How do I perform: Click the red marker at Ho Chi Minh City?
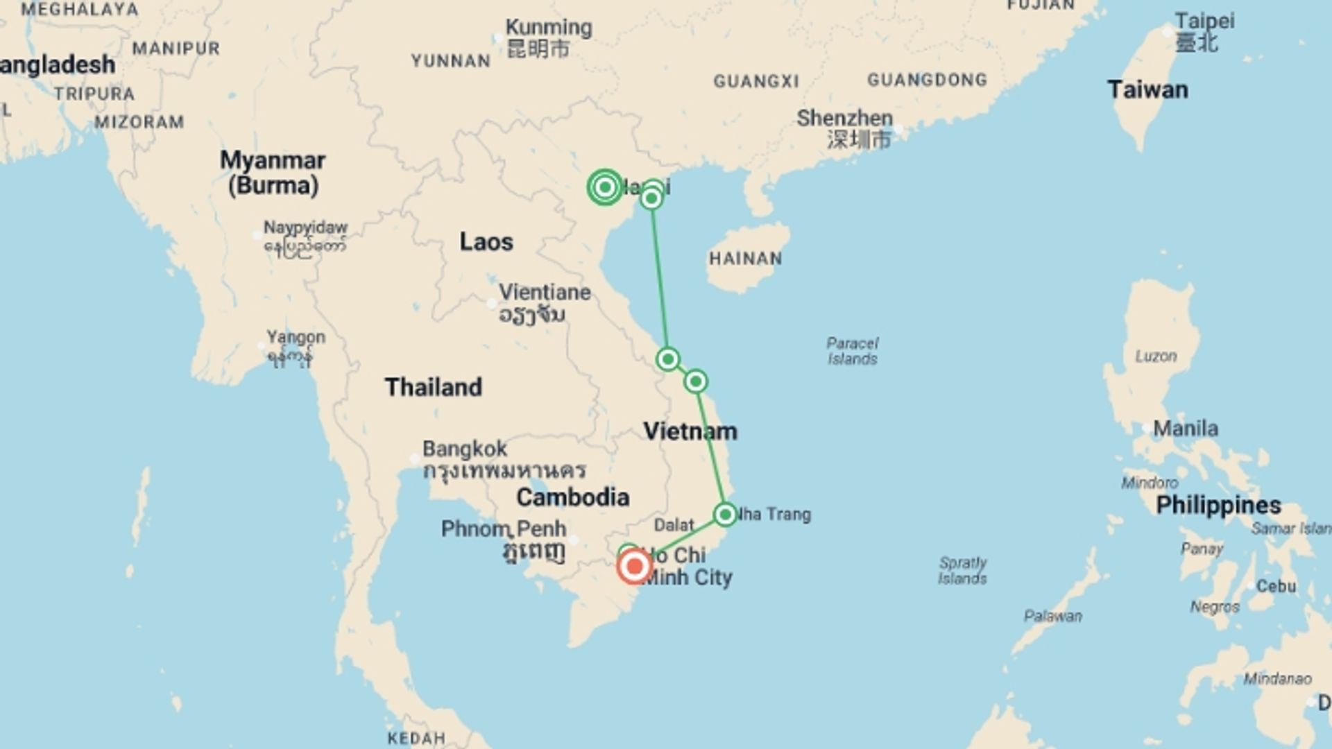(x=634, y=567)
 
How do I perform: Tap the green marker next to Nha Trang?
(x=725, y=515)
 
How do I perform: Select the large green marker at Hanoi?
(x=605, y=187)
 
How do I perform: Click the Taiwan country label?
(x=1147, y=90)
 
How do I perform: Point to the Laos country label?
(x=486, y=242)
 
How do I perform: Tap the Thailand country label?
(x=434, y=387)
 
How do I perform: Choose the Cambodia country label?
(x=573, y=497)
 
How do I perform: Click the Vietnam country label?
(x=690, y=431)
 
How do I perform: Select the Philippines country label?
(x=1218, y=505)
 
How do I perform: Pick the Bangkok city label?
(x=465, y=449)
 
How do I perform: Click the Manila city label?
(x=1185, y=429)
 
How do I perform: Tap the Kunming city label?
(x=549, y=28)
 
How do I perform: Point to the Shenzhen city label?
(x=844, y=119)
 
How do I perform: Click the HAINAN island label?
(x=746, y=259)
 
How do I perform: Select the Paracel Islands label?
(x=853, y=351)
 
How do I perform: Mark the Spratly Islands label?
(x=962, y=570)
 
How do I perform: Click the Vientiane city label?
(x=545, y=292)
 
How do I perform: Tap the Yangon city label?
(x=296, y=338)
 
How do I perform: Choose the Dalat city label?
(x=674, y=525)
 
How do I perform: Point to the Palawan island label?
(x=1052, y=616)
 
